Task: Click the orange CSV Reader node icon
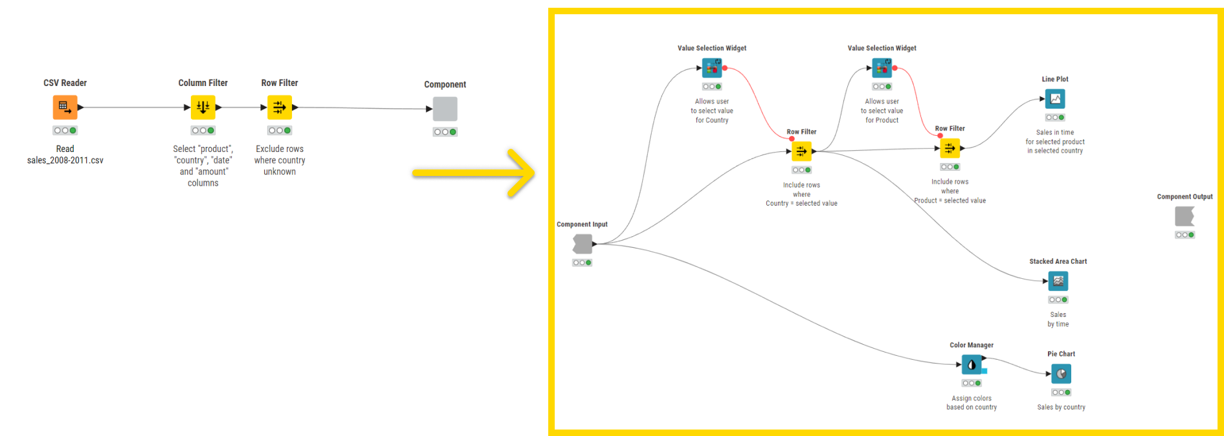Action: pos(65,107)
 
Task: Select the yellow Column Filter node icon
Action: pos(203,107)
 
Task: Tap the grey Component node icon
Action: pos(445,109)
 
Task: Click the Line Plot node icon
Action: pos(1055,99)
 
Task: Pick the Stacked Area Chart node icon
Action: pos(1058,281)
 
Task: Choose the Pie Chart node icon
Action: pos(1061,374)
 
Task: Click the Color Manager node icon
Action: pos(972,365)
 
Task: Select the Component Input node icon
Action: pos(582,244)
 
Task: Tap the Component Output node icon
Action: pos(1185,216)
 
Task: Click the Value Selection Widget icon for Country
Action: pos(712,68)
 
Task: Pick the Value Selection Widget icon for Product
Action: pos(882,68)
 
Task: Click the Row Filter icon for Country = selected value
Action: pos(801,151)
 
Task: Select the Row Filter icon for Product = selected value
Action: pos(950,148)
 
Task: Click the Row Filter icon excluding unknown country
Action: pos(280,107)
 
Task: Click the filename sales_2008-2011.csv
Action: pos(65,160)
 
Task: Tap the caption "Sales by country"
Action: pos(1061,407)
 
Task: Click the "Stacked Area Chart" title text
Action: pos(1058,261)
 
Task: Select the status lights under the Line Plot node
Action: pos(1055,118)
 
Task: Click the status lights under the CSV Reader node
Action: pos(65,131)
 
